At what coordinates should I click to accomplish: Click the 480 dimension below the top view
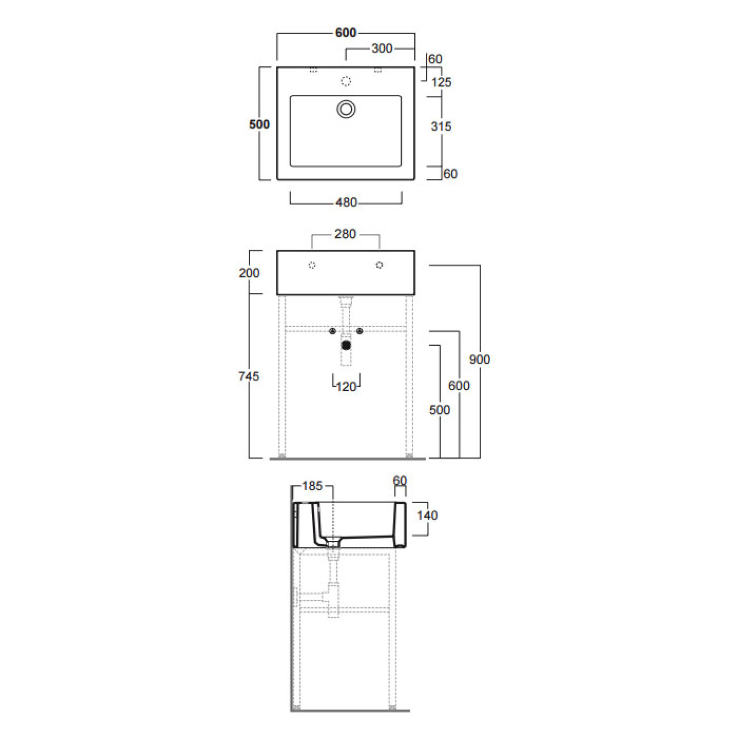[346, 203]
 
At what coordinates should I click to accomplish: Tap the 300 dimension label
[382, 48]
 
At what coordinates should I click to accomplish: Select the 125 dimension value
[441, 82]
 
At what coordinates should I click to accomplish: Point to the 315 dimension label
[441, 127]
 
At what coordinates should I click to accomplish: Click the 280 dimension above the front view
[345, 234]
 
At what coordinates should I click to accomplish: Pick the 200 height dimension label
[249, 273]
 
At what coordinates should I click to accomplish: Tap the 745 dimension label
[249, 376]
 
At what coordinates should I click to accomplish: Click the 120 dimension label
[346, 387]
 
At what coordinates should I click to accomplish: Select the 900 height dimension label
[480, 359]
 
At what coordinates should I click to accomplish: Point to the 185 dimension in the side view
[312, 486]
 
